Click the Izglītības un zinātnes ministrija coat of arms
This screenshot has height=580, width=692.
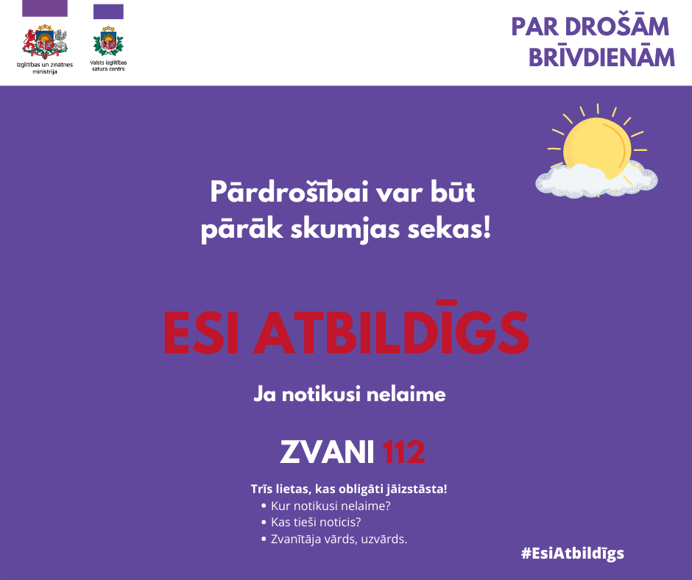(45, 41)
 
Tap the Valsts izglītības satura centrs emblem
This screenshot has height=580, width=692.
(108, 41)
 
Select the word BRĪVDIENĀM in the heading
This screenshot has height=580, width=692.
(601, 57)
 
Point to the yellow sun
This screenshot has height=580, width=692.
(597, 145)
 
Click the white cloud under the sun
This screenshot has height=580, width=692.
(596, 180)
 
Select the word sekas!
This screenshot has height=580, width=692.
(449, 229)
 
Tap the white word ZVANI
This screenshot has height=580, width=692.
(327, 451)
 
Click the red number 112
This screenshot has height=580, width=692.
(403, 451)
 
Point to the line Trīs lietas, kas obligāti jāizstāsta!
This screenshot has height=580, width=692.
(349, 489)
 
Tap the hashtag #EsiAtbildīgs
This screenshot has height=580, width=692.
(573, 554)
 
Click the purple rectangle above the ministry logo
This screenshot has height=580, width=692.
(45, 8)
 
